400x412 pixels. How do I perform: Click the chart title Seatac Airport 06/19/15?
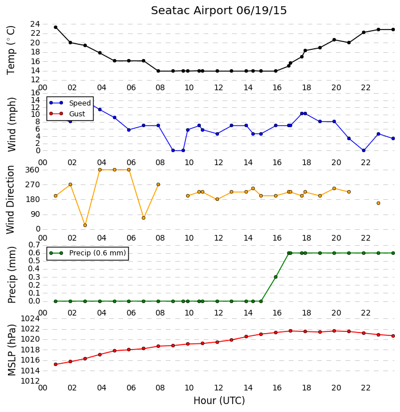pyautogui.click(x=219, y=11)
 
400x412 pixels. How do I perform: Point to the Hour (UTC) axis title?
pyautogui.click(x=219, y=401)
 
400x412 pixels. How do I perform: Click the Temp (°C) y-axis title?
pyautogui.click(x=11, y=51)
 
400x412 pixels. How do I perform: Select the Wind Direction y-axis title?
pyautogui.click(x=10, y=199)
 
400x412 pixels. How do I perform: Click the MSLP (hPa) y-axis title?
pyautogui.click(x=11, y=350)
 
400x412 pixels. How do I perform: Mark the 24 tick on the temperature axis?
pyautogui.click(x=35, y=24)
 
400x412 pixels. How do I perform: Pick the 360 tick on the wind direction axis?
pyautogui.click(x=32, y=170)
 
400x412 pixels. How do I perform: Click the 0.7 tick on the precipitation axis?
pyautogui.click(x=34, y=245)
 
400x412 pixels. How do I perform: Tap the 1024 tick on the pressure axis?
pyautogui.click(x=30, y=319)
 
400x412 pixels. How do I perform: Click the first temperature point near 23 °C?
pyautogui.click(x=56, y=27)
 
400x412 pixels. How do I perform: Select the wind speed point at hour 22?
pyautogui.click(x=364, y=150)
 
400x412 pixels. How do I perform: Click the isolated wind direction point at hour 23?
pyautogui.click(x=378, y=203)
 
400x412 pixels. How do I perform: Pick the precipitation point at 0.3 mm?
pyautogui.click(x=276, y=277)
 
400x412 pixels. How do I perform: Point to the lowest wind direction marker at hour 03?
pyautogui.click(x=85, y=225)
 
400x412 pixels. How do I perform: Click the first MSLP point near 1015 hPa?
pyautogui.click(x=56, y=364)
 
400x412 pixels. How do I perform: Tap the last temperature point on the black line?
pyautogui.click(x=393, y=30)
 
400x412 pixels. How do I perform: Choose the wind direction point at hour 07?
pyautogui.click(x=144, y=218)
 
